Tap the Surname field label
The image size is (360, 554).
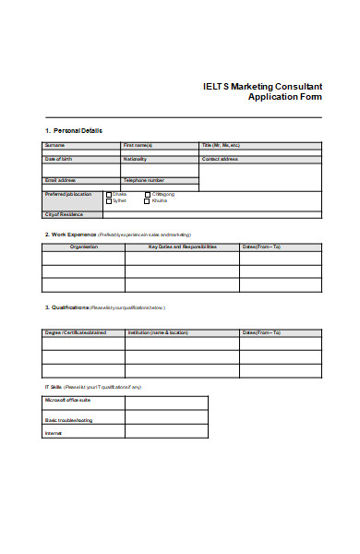click(x=54, y=146)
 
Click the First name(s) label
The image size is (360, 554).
click(x=138, y=146)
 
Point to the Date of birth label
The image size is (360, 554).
click(x=58, y=159)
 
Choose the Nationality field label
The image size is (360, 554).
click(x=136, y=159)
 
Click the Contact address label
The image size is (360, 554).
click(x=221, y=159)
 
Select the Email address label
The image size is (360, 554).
click(x=60, y=180)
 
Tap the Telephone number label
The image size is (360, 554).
click(x=144, y=180)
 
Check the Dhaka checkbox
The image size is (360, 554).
click(x=109, y=194)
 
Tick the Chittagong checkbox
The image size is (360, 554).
click(x=148, y=194)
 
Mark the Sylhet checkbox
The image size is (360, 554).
click(x=109, y=200)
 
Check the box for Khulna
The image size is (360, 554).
click(x=148, y=200)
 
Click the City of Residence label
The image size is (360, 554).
click(x=65, y=214)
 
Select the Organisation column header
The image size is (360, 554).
click(x=83, y=247)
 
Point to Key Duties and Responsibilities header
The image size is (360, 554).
click(x=183, y=247)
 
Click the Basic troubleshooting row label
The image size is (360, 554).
click(x=69, y=420)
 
